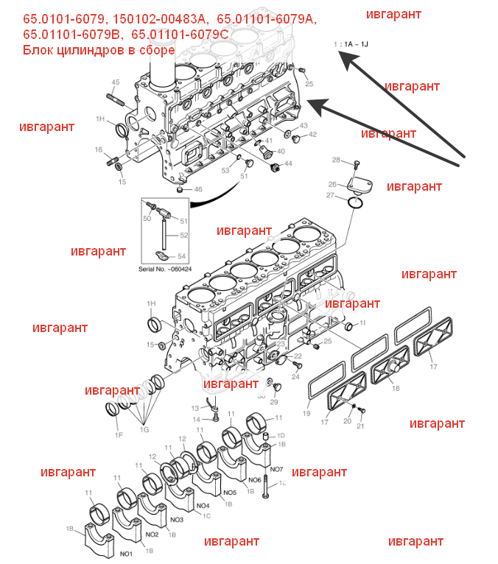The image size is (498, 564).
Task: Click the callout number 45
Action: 116,82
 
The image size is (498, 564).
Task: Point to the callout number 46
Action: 197,189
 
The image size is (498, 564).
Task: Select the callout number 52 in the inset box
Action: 183,236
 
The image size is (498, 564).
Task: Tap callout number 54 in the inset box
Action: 182,255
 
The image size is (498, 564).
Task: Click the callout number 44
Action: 288,163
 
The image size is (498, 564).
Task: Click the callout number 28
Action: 335,161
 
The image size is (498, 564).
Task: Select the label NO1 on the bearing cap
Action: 126,552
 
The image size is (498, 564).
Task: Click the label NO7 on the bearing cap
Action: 276,469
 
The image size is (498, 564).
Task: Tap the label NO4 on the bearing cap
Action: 203,506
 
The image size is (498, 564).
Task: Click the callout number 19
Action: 307,414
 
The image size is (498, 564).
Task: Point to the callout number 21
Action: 361,426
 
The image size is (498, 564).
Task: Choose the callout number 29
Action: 274,402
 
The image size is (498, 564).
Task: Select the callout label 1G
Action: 144,429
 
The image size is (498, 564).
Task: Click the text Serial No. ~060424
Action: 165,269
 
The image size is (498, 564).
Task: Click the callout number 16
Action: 98,149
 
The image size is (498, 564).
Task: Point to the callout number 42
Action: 312,135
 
